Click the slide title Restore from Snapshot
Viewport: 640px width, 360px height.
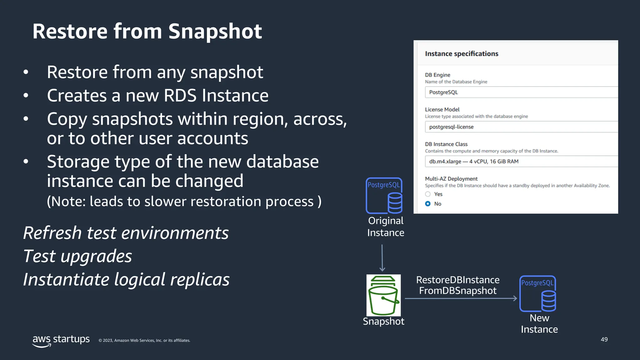coord(147,31)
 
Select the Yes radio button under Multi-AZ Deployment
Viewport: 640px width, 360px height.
coord(428,194)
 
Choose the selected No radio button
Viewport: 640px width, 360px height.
coord(428,204)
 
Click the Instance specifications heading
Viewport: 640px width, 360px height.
coord(462,54)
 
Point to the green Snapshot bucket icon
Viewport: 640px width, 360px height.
coord(383,295)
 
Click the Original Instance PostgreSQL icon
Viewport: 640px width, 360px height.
coord(384,196)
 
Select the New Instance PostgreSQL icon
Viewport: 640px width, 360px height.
coord(537,293)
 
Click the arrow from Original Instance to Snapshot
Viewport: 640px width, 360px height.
coord(382,258)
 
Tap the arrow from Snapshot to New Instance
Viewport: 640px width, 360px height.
coord(461,299)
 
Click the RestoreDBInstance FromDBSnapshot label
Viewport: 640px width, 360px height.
coord(458,285)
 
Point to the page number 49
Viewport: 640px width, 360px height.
coord(604,339)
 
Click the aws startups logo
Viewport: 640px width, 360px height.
coord(61,340)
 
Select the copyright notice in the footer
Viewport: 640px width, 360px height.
coord(144,341)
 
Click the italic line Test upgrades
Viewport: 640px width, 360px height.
coord(77,256)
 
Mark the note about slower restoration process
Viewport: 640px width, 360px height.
coord(184,202)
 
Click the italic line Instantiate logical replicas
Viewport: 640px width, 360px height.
coord(126,279)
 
